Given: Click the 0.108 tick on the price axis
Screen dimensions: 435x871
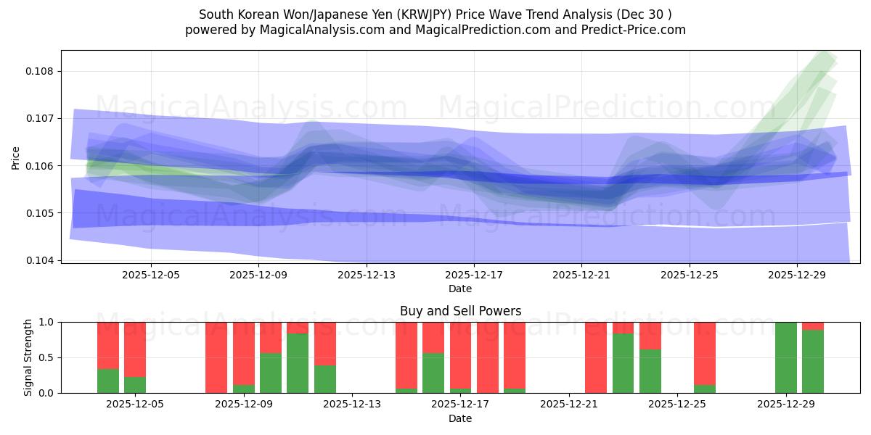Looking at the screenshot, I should coord(42,71).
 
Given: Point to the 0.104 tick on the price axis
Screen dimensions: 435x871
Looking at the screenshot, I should coord(42,260).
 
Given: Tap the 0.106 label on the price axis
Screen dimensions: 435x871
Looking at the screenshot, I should coord(42,166).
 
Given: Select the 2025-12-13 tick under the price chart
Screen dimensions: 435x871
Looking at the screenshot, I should coord(367,275).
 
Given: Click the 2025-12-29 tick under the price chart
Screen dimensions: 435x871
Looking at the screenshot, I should coord(797,275).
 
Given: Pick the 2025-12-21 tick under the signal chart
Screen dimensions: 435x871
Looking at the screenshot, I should coord(569,405).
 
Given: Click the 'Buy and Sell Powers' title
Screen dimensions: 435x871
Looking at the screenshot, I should coord(460,311).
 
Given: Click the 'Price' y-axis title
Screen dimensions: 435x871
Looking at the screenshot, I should coord(16,157).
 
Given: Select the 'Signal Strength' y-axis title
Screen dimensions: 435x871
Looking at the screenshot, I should coord(28,357).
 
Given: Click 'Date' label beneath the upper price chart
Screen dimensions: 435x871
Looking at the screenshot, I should coord(460,289).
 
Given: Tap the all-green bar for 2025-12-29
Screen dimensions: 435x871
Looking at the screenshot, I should coord(786,357).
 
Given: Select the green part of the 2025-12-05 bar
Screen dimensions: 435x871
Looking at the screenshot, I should coord(135,385).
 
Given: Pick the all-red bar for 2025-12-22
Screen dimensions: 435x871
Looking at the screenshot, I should coord(596,357).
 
